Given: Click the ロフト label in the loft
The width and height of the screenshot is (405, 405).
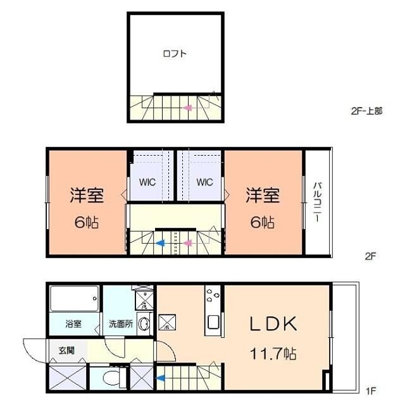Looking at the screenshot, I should (x=175, y=54).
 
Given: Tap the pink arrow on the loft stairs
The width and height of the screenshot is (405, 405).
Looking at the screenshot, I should (x=188, y=108).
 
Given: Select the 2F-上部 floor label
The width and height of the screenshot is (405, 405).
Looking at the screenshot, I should (x=366, y=110).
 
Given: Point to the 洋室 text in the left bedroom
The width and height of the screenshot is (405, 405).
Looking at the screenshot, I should (x=87, y=196).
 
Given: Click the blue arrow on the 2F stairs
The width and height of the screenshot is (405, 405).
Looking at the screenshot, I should (x=161, y=242).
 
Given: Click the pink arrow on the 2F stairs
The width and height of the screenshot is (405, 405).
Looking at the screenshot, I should (x=188, y=242).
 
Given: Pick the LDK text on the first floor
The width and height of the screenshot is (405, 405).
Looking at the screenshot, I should (x=272, y=324).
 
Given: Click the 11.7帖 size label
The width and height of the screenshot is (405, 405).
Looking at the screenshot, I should (x=273, y=352).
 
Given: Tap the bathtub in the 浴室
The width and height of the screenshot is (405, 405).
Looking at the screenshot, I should (x=75, y=299).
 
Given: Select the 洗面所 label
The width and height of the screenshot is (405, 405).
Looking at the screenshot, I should (x=120, y=324).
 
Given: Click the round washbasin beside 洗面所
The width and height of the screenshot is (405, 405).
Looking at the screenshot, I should (x=144, y=324).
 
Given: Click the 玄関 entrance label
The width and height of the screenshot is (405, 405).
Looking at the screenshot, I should (x=66, y=350).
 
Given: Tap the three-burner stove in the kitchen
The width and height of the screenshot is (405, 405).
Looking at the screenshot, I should (x=211, y=295).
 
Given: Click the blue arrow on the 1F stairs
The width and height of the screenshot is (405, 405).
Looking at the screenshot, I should (x=161, y=379).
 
